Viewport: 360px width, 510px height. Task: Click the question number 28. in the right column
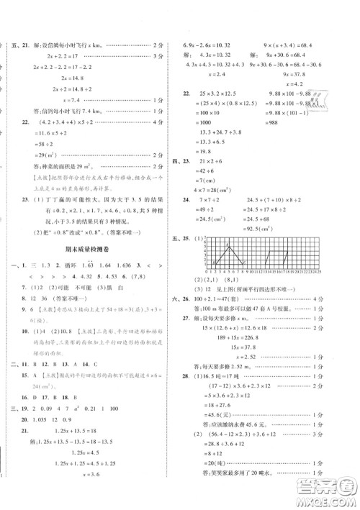click(186, 396)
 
